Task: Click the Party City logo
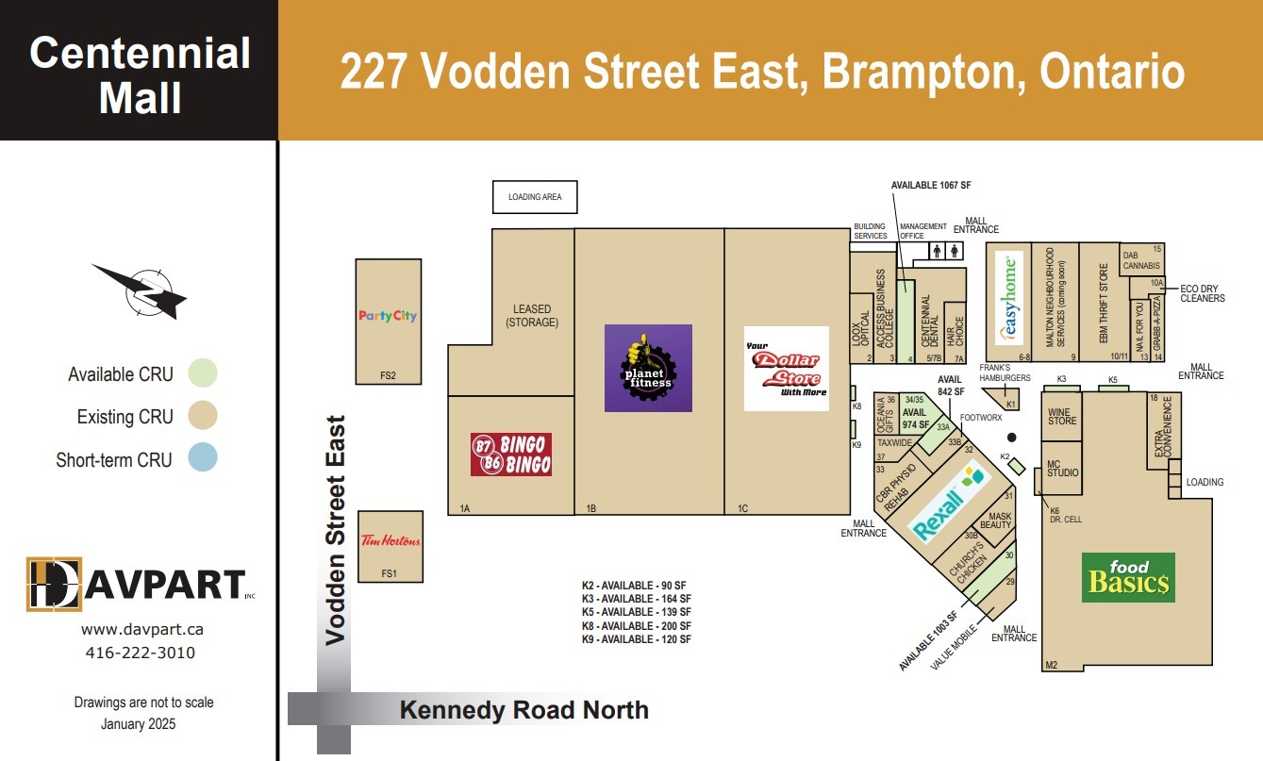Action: (388, 316)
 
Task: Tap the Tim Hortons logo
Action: (391, 541)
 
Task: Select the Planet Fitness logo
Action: (648, 368)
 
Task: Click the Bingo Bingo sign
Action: (511, 454)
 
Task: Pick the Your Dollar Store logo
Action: (786, 368)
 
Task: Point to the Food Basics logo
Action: (1127, 577)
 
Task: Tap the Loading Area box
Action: (535, 197)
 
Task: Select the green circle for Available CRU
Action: (202, 373)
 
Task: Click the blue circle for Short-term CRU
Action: (202, 458)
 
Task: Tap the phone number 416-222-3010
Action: (140, 653)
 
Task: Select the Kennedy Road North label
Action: (523, 710)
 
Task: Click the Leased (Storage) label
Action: (532, 316)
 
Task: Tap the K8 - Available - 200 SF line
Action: (636, 625)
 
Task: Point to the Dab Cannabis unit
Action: (1140, 260)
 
